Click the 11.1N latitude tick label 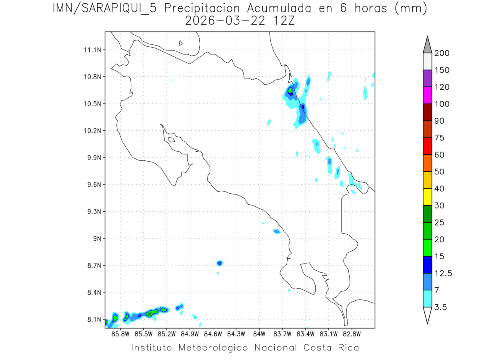[x=92, y=50]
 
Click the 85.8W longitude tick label [x=120, y=333]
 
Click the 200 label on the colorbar [x=442, y=53]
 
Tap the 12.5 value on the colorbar [x=443, y=273]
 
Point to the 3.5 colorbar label [x=441, y=307]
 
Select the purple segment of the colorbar [x=427, y=78]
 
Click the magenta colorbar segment [x=427, y=95]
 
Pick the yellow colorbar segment [x=427, y=196]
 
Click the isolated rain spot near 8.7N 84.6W [x=219, y=263]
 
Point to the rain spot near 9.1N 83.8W [x=277, y=231]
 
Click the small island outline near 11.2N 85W [x=181, y=43]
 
